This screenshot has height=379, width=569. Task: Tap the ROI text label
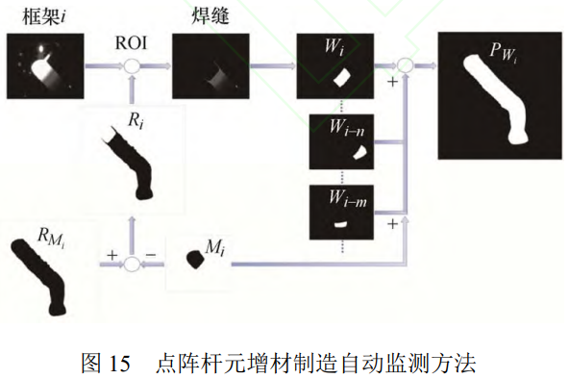[132, 43]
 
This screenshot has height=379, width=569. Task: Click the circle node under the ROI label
[133, 65]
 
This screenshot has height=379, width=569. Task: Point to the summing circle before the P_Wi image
[406, 65]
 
